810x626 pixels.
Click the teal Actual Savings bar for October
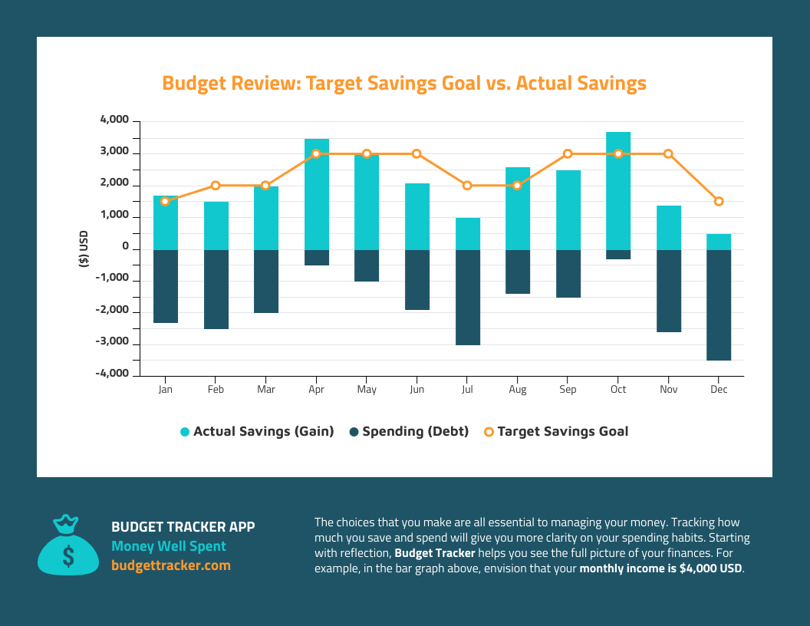click(x=617, y=190)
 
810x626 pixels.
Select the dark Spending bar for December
click(x=719, y=305)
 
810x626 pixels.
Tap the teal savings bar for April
click(x=316, y=194)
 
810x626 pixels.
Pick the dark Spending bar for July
click(x=467, y=297)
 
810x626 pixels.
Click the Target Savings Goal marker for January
click(x=165, y=201)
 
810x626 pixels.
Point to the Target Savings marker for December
click(x=719, y=201)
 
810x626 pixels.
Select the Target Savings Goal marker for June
click(x=417, y=153)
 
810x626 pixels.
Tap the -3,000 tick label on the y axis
click(x=113, y=342)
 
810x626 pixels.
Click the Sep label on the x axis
click(x=568, y=390)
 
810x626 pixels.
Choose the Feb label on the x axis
click(x=216, y=390)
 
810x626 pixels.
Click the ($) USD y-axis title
click(x=84, y=249)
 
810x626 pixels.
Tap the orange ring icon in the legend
click(x=489, y=432)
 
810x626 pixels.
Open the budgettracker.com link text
click(x=170, y=565)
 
